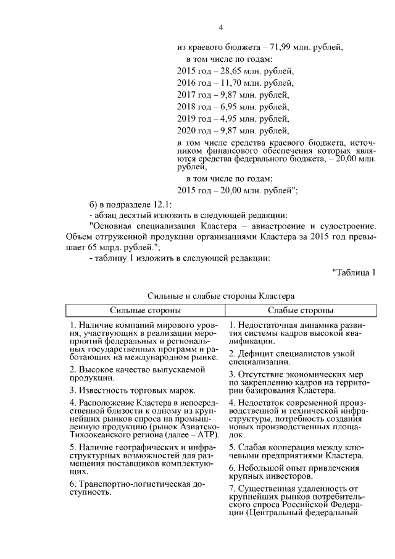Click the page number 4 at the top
click(220, 27)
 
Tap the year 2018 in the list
click(186, 106)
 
